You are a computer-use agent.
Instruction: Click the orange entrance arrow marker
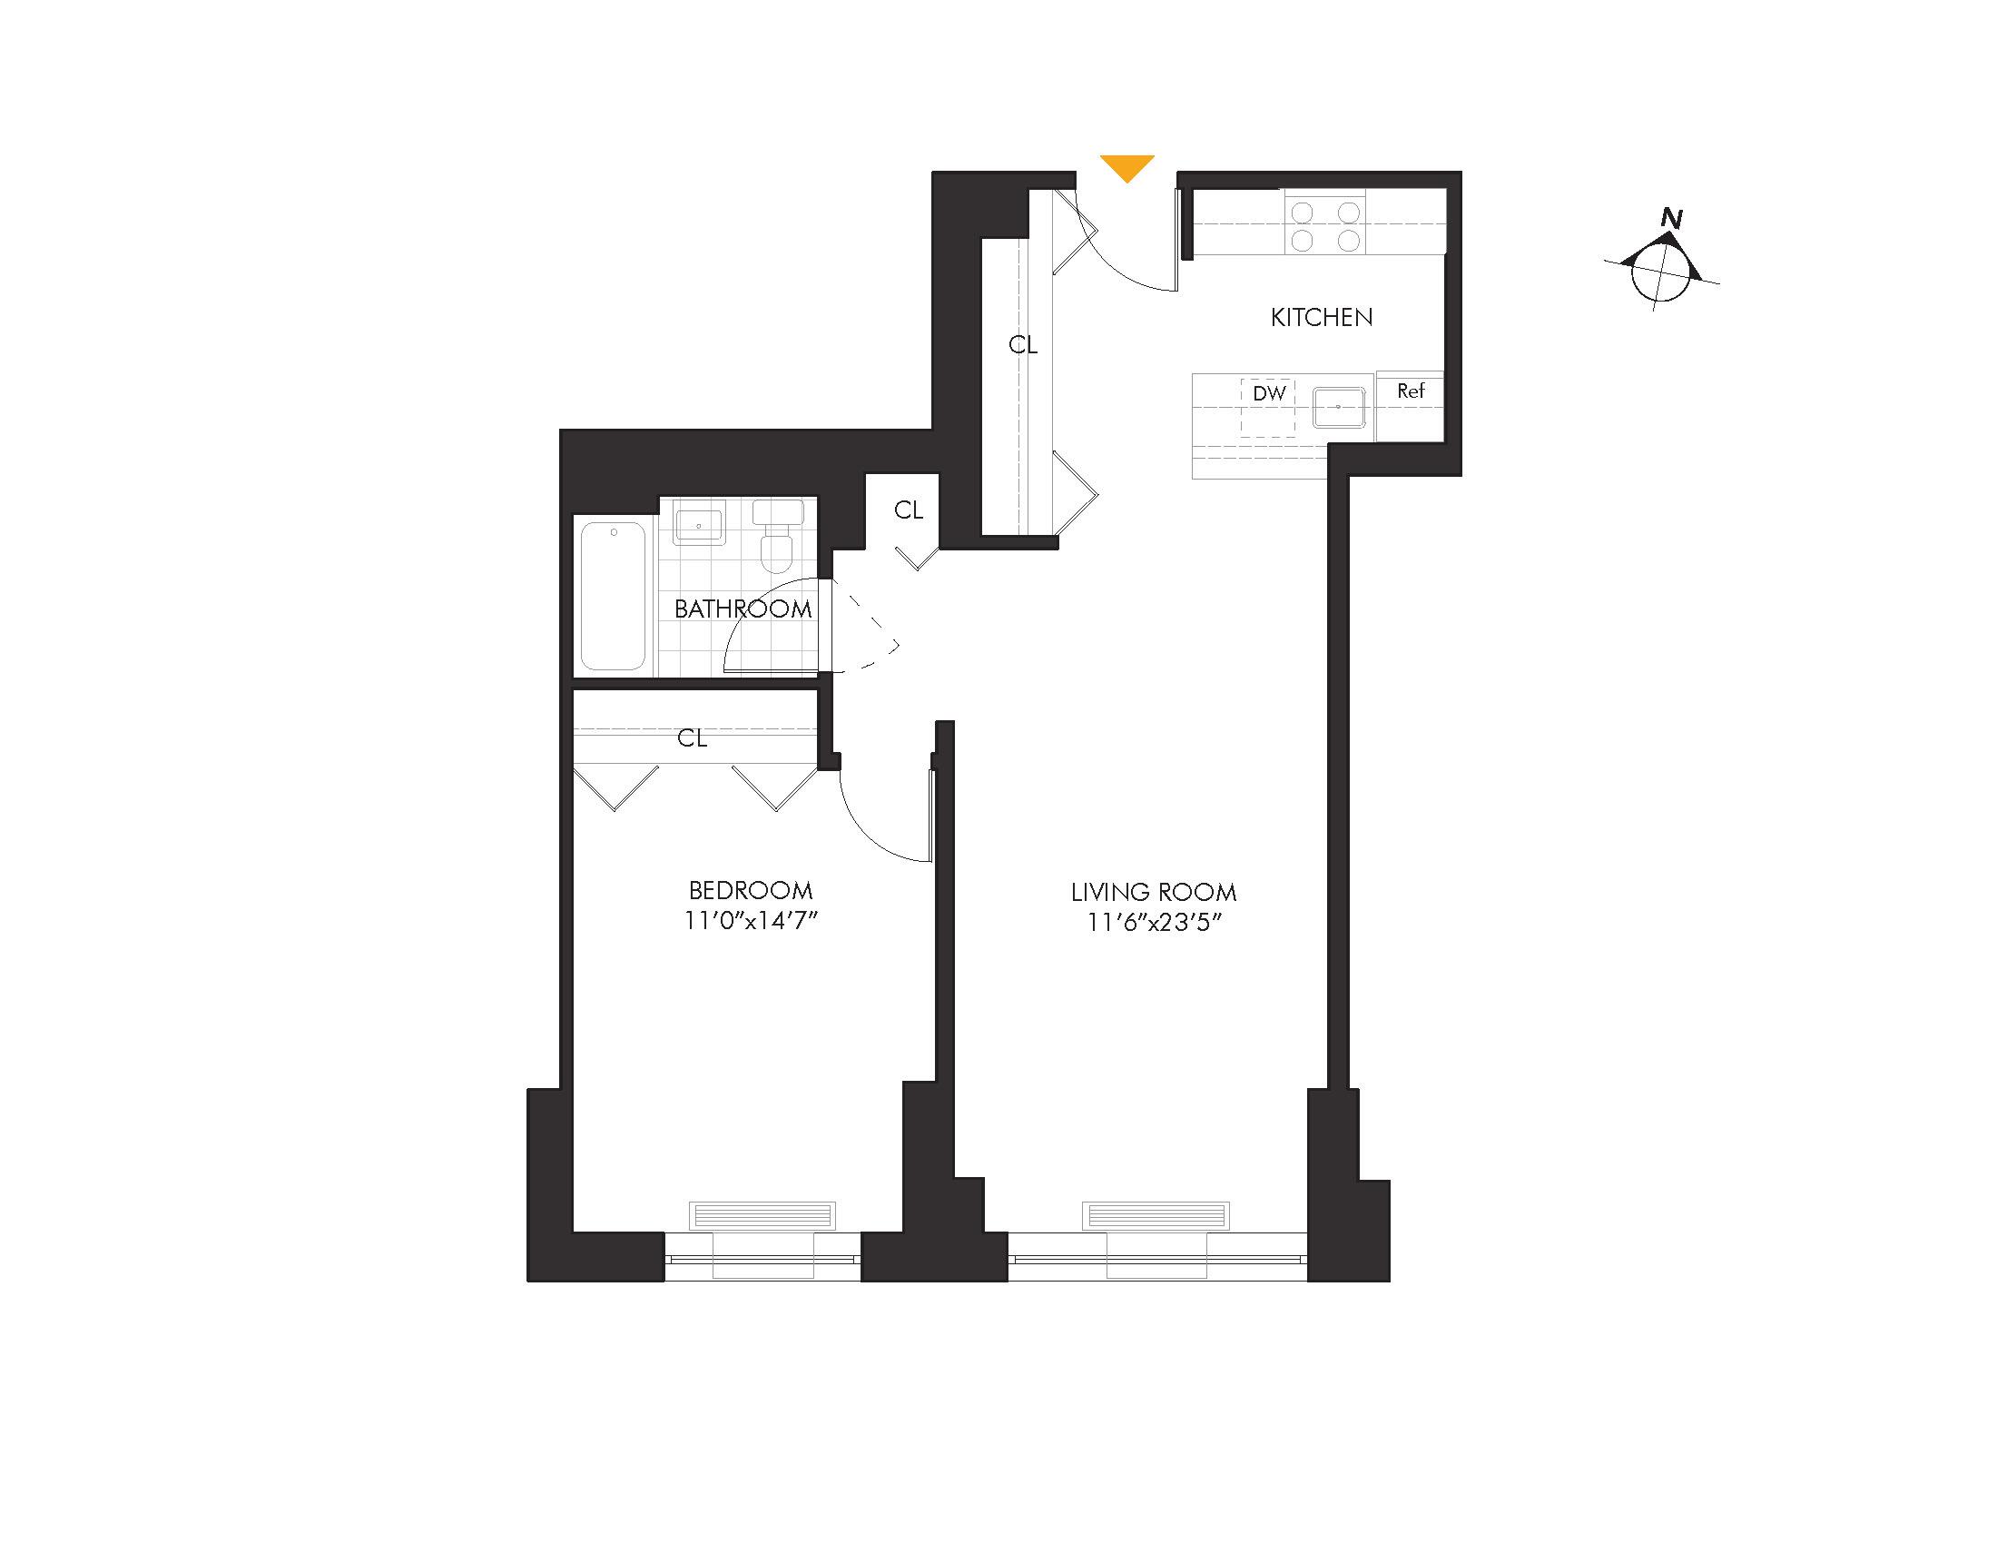[1126, 166]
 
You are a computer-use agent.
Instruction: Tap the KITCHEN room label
[1322, 317]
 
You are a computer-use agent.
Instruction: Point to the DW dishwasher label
[1268, 393]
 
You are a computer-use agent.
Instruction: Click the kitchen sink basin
[1340, 407]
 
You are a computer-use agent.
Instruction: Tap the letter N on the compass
[1671, 220]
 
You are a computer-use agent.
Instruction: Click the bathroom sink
[699, 528]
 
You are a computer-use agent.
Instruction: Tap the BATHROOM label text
[743, 609]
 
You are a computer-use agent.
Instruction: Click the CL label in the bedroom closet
[693, 738]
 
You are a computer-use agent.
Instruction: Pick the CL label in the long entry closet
[1022, 345]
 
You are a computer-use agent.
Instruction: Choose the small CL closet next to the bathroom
[908, 510]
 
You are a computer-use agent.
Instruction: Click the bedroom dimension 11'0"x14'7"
[750, 921]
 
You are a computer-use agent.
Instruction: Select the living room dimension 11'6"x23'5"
[1154, 923]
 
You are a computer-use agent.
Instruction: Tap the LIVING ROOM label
[1153, 892]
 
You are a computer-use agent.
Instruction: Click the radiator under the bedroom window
[762, 1215]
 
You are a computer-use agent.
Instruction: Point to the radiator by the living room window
[1156, 1215]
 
